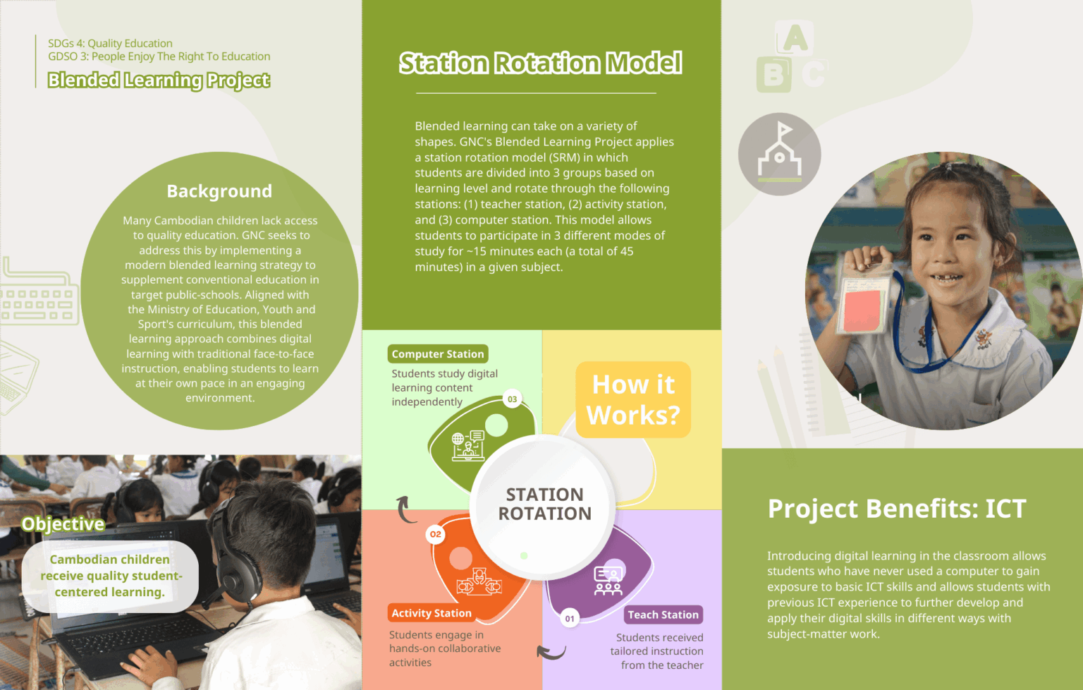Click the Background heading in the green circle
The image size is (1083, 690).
219,191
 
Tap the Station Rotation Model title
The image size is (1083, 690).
540,63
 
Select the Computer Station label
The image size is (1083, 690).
438,354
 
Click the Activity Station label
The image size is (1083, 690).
432,613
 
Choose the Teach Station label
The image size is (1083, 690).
663,615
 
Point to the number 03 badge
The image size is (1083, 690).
513,399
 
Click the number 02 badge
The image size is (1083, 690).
436,534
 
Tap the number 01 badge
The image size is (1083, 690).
570,619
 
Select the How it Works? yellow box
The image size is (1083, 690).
633,400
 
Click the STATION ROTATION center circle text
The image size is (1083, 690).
544,504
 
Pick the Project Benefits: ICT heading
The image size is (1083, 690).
896,509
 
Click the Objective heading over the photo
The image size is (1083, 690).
63,524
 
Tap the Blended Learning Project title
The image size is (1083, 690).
159,80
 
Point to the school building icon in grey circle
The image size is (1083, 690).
779,154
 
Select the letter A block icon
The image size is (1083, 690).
795,38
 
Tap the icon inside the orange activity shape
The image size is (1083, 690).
479,582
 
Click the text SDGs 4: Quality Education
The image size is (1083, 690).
110,44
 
